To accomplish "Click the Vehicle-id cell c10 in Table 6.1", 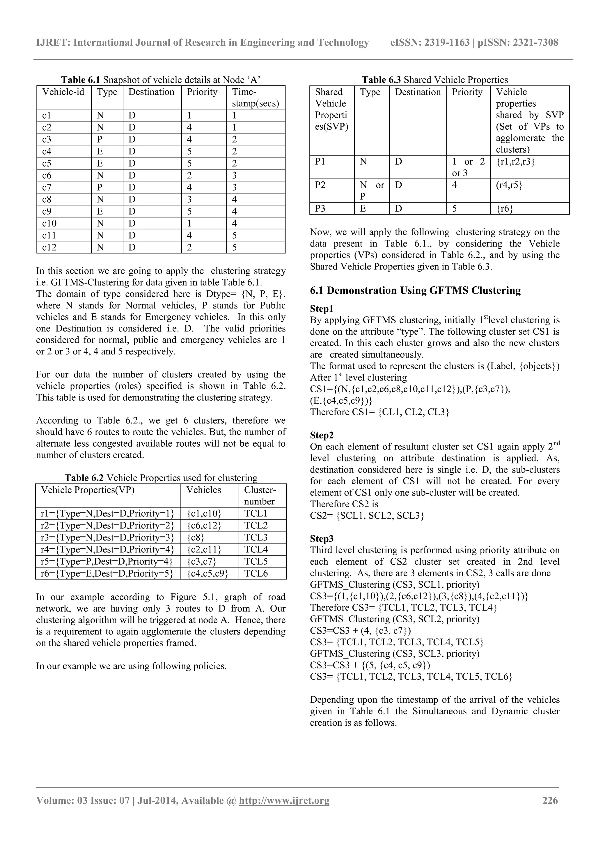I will [49, 223].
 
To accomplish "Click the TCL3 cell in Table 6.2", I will [256, 537].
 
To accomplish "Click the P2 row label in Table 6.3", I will [320, 185].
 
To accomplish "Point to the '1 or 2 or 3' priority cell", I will [468, 167].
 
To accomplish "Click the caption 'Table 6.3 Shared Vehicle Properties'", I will [435, 80].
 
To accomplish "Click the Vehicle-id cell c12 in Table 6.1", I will [49, 247].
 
